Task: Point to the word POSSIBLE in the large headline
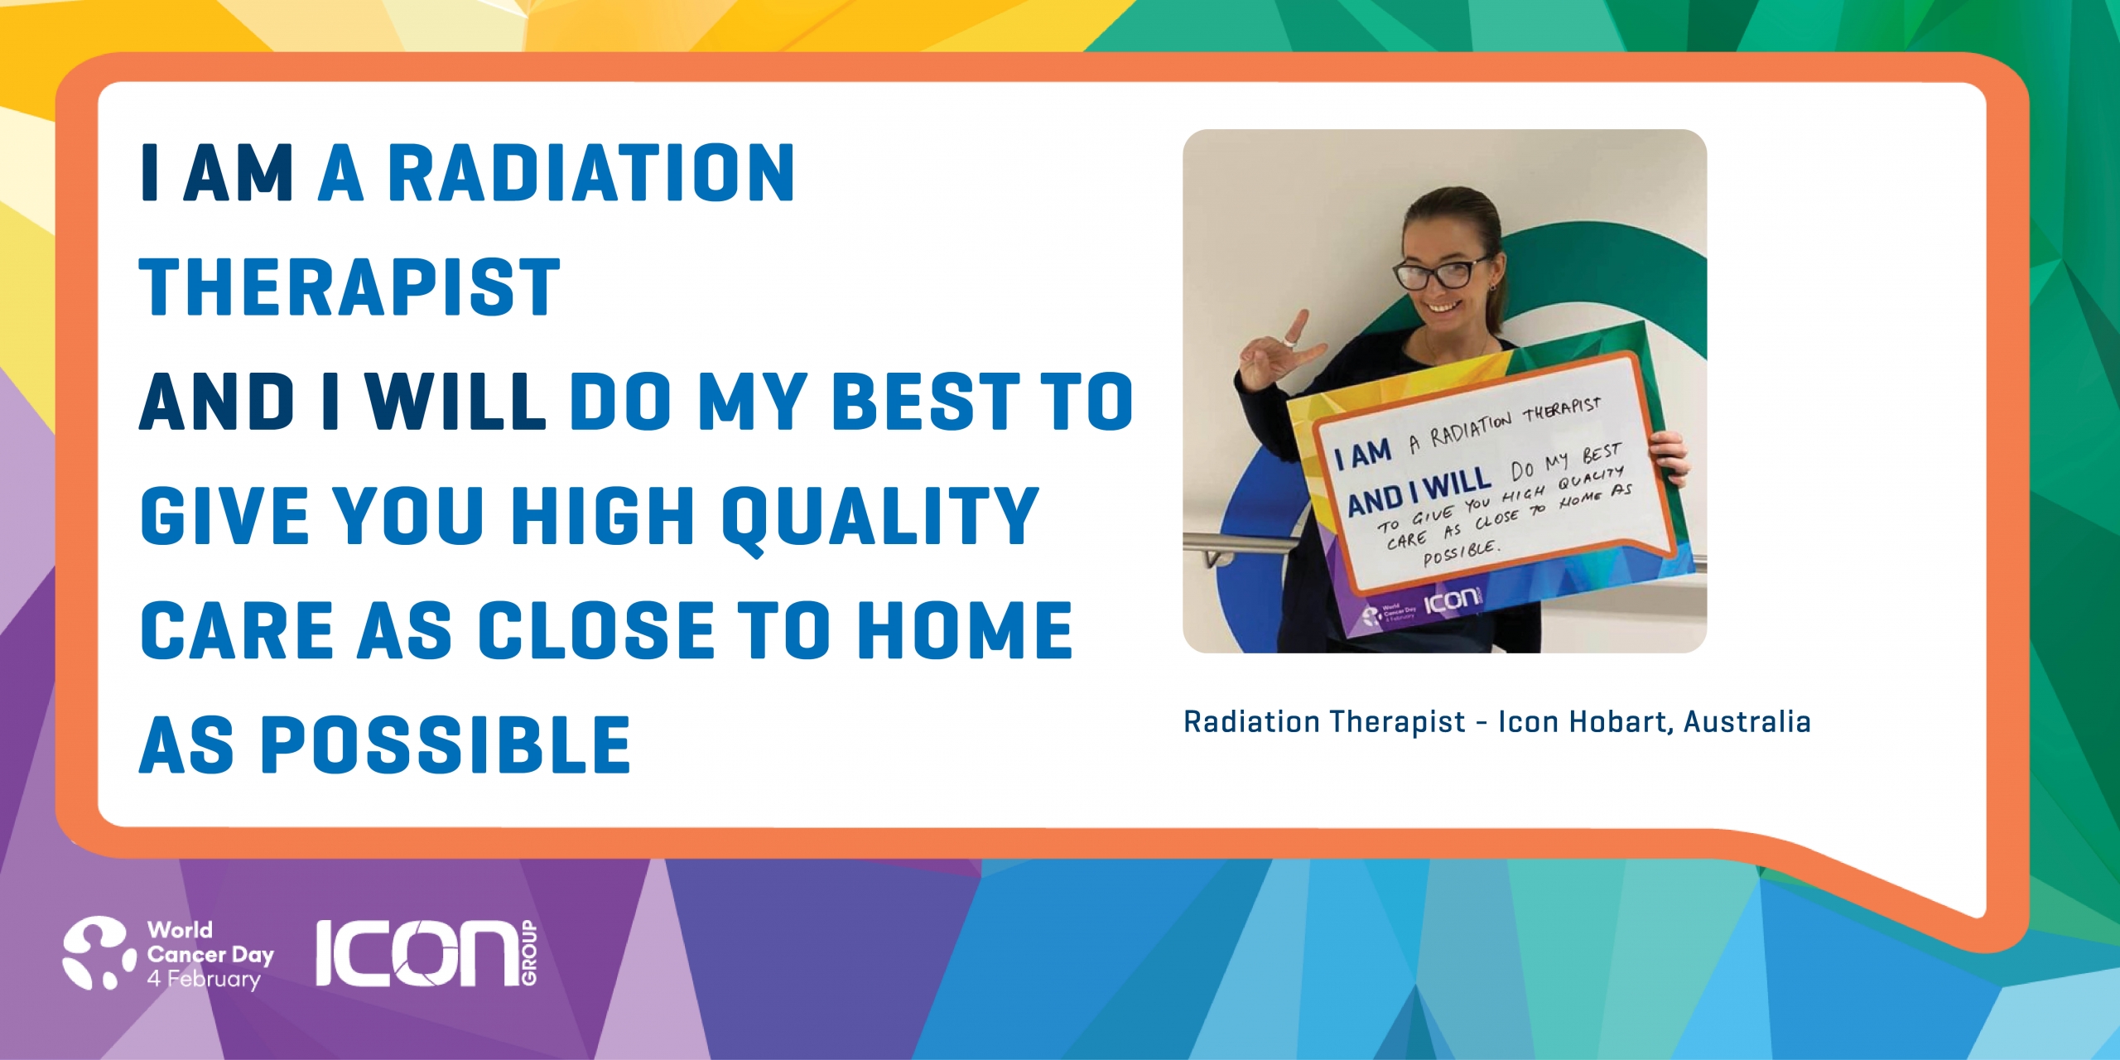[x=446, y=745]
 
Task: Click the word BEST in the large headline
[x=925, y=402]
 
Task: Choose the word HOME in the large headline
[x=965, y=630]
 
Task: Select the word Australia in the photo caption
[x=1747, y=722]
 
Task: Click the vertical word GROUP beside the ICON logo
[x=529, y=953]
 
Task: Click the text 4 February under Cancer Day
[x=204, y=979]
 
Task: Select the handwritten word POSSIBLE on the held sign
[x=1460, y=553]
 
